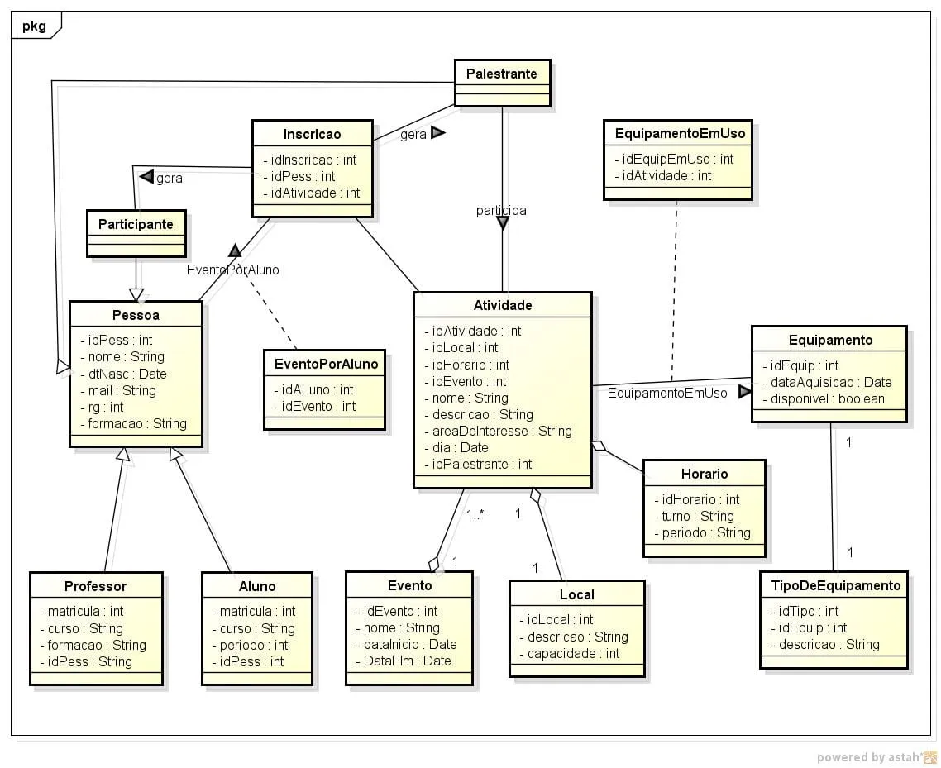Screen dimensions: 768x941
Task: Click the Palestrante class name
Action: pyautogui.click(x=501, y=74)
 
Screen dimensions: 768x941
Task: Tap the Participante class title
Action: pyautogui.click(x=136, y=224)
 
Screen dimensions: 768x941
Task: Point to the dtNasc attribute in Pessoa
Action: pyautogui.click(x=127, y=374)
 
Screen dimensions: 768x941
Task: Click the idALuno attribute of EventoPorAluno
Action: pyautogui.click(x=318, y=389)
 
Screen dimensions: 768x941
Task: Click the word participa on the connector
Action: pyautogui.click(x=501, y=211)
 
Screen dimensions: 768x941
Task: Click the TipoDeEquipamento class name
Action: pyautogui.click(x=835, y=585)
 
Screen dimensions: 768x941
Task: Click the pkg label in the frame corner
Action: pyautogui.click(x=35, y=26)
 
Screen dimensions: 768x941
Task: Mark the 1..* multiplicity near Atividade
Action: pyautogui.click(x=475, y=514)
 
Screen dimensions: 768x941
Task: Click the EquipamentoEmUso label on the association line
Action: pyautogui.click(x=667, y=394)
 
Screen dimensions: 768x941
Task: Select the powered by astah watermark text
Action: pyautogui.click(x=870, y=757)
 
